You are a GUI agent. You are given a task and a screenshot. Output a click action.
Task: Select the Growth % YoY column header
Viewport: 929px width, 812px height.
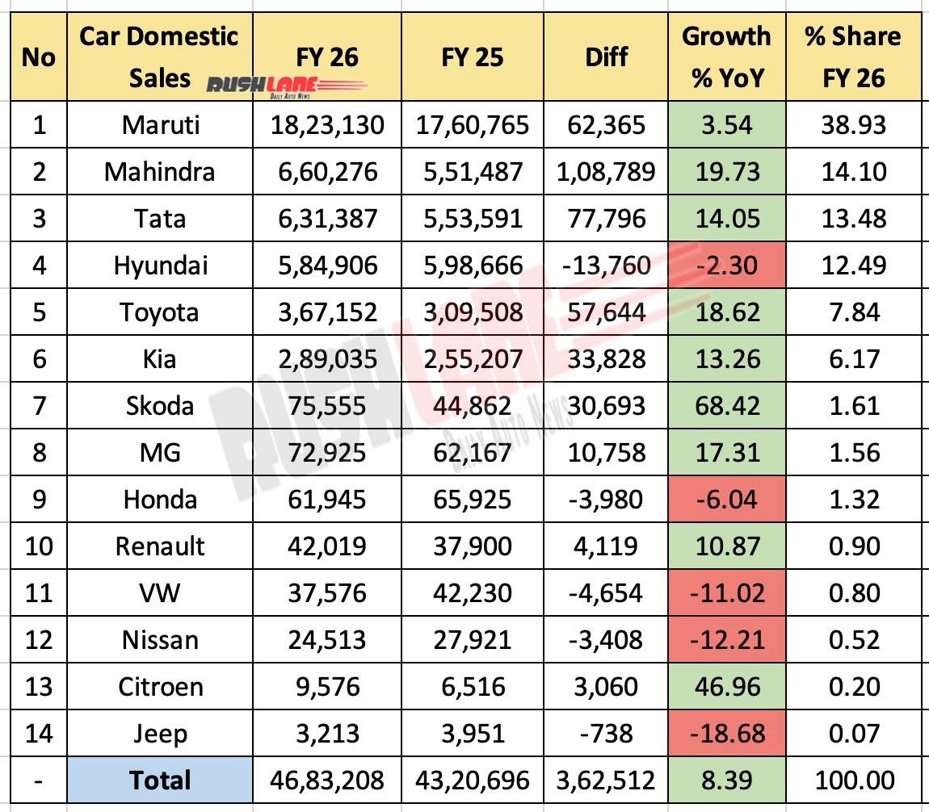coord(726,57)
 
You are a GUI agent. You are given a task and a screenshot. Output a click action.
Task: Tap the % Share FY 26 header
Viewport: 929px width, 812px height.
coord(853,57)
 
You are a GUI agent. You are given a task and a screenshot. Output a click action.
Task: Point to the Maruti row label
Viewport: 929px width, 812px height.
coord(160,125)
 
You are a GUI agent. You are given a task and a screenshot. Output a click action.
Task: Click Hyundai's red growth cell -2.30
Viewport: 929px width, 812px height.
coord(726,266)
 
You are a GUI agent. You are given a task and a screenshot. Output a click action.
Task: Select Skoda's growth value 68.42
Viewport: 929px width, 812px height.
coord(726,405)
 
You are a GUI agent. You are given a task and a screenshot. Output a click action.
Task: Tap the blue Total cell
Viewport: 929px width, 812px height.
coord(160,781)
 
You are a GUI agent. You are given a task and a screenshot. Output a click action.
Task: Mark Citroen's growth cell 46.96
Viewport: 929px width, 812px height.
coord(726,687)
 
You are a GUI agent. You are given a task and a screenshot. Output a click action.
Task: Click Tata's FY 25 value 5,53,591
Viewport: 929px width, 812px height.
coord(472,219)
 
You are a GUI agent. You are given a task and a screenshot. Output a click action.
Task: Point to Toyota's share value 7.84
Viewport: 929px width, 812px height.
coord(853,312)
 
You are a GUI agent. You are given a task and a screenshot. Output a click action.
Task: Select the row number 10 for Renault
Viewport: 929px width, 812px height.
coord(38,546)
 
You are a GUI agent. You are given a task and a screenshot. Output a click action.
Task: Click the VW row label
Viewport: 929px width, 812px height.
coord(160,593)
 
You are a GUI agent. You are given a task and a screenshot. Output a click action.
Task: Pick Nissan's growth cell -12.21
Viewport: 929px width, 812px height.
coord(726,640)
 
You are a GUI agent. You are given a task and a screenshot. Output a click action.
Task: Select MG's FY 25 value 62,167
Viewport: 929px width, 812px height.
coord(472,453)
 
